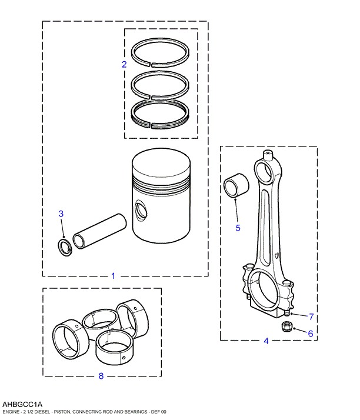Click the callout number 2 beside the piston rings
point(124,64)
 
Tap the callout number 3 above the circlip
point(61,214)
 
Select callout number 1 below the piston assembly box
point(114,276)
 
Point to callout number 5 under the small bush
point(238,228)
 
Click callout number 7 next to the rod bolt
point(311,317)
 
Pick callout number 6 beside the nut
point(311,334)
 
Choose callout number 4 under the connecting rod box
point(266,341)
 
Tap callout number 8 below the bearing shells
point(101,376)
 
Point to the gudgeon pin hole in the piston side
point(141,210)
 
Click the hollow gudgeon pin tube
point(99,231)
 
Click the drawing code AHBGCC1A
point(22,405)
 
